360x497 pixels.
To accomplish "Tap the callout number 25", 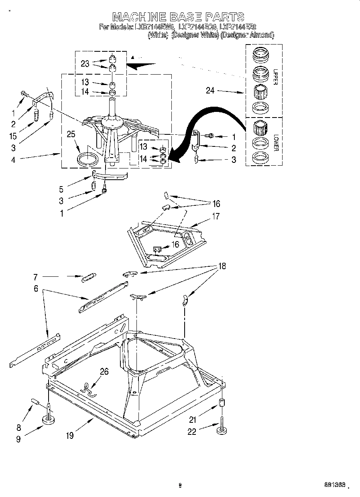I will click(71, 135).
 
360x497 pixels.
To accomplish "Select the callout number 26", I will click(104, 371).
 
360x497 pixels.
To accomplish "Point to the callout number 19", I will click(70, 435).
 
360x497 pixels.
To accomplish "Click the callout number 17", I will click(216, 216).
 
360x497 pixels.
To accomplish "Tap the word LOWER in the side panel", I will click(276, 142).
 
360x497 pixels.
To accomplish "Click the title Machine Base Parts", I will click(178, 16).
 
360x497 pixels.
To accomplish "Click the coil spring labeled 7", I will click(88, 277).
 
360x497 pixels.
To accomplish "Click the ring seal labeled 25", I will click(87, 158).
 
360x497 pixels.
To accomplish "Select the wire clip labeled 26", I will click(89, 388).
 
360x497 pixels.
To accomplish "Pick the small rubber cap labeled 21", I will click(221, 403).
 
